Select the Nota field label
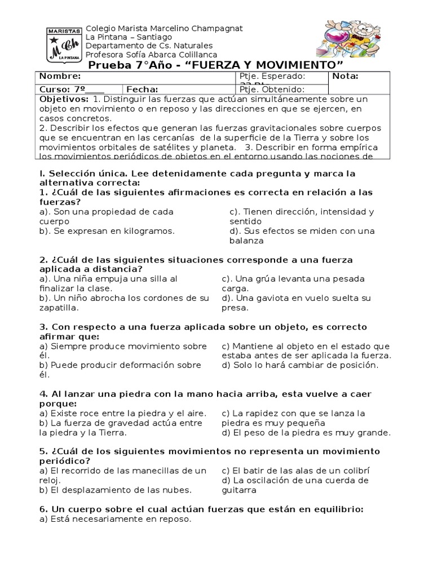[x=346, y=77]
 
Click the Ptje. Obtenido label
[x=272, y=89]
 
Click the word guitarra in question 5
[x=239, y=490]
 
